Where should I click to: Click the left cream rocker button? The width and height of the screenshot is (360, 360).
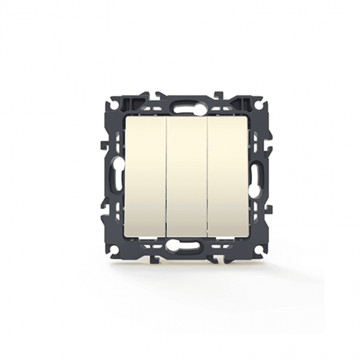[x=145, y=177]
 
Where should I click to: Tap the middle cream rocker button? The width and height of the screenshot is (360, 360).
[x=187, y=177]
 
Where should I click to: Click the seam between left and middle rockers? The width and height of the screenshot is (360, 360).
[x=166, y=177]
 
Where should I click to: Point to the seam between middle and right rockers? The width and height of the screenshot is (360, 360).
[x=207, y=177]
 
